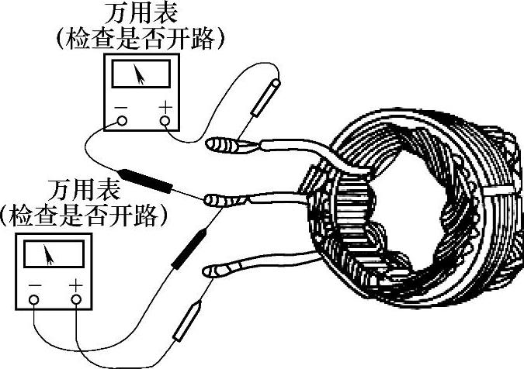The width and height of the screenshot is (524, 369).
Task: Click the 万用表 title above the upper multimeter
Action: [x=141, y=14]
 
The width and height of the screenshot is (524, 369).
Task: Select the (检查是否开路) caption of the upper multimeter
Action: [x=141, y=37]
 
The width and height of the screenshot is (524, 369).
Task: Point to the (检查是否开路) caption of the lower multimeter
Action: [x=85, y=214]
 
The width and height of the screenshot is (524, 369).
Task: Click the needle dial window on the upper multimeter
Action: [x=141, y=75]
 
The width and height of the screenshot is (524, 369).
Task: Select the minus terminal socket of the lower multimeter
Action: [x=34, y=299]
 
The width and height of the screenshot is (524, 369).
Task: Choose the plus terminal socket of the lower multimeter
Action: [x=76, y=299]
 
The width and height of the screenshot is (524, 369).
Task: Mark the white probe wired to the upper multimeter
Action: [x=266, y=97]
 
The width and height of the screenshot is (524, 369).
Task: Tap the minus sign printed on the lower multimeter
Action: [x=34, y=285]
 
